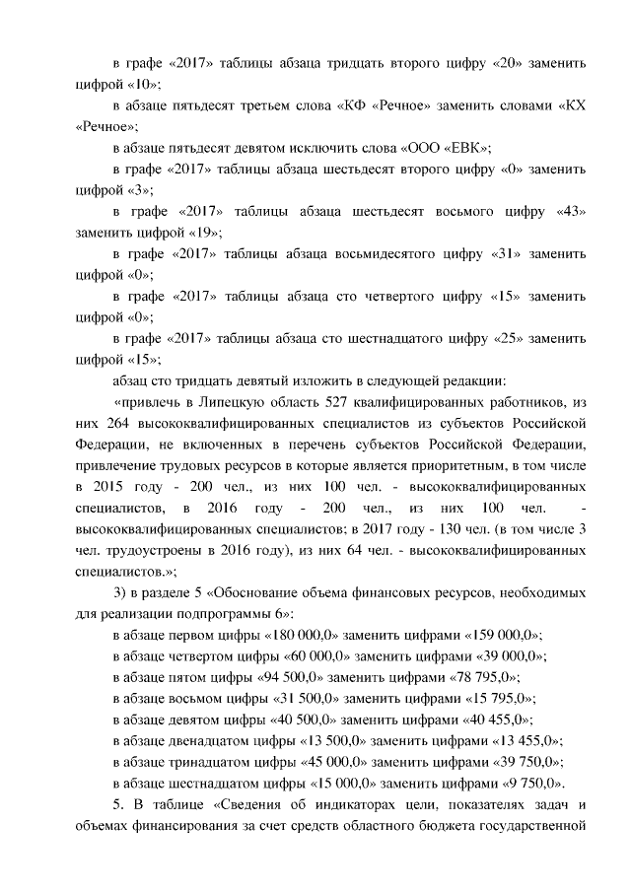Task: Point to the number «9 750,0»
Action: (x=526, y=784)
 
